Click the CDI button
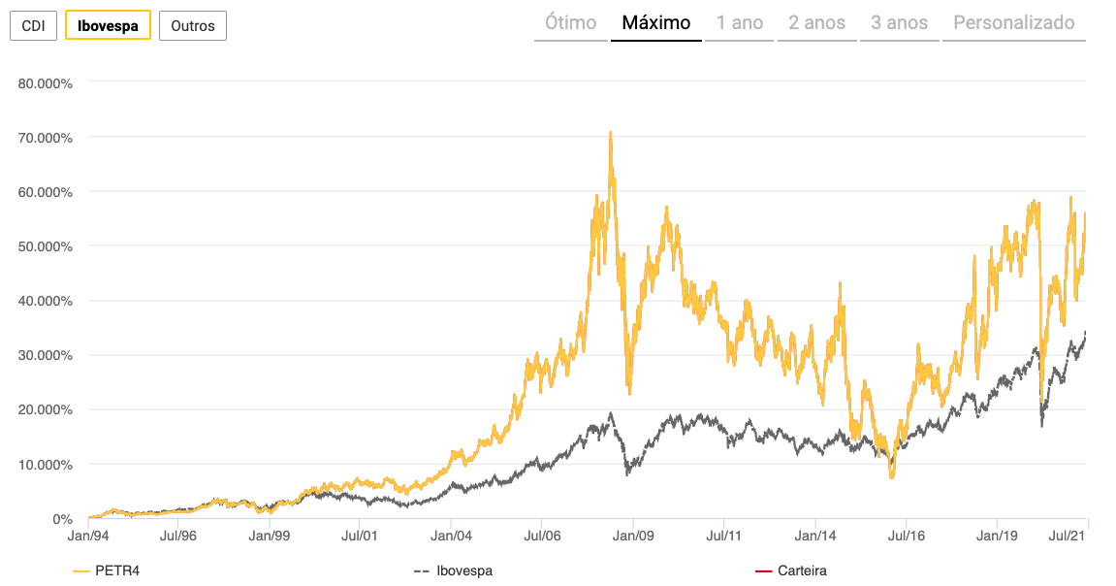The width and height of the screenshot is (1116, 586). (33, 25)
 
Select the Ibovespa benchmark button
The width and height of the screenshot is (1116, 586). (108, 25)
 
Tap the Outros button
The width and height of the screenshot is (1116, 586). (192, 25)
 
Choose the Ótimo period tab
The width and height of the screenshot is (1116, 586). (571, 22)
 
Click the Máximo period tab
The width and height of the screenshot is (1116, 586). (656, 22)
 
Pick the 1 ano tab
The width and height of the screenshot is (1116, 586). (740, 22)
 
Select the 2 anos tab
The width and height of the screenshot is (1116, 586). (816, 22)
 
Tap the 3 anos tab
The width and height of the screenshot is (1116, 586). (899, 22)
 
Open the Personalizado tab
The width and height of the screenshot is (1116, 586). (1014, 22)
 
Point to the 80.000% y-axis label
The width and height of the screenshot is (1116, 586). (46, 82)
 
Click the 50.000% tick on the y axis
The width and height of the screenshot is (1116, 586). (46, 246)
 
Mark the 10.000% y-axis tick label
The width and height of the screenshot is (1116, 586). (46, 464)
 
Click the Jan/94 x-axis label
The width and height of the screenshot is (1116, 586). (89, 535)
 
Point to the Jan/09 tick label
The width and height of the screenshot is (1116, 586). (633, 535)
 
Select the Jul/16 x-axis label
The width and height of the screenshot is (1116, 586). (905, 535)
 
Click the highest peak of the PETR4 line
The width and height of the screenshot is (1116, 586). (610, 132)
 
